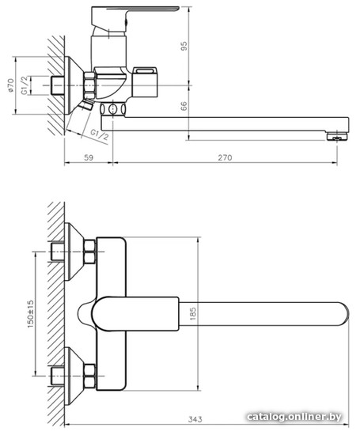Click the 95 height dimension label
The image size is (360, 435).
pyautogui.click(x=184, y=46)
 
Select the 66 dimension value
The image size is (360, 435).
pyautogui.click(x=184, y=106)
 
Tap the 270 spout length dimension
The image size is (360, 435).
pyautogui.click(x=225, y=157)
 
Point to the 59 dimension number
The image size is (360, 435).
pyautogui.click(x=89, y=157)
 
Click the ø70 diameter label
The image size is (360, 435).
pyautogui.click(x=10, y=85)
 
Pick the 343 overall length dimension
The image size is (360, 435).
pyautogui.click(x=195, y=419)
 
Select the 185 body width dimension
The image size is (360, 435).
pyautogui.click(x=193, y=314)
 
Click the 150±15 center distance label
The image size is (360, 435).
pyautogui.click(x=31, y=314)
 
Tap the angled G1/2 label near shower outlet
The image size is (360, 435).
pyautogui.click(x=100, y=135)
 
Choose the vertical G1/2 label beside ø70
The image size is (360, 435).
pyautogui.click(x=25, y=85)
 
